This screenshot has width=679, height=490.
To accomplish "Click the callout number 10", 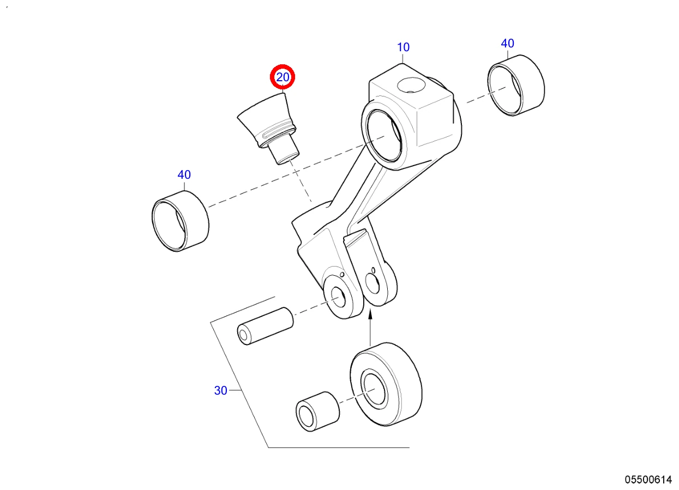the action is click(403, 47).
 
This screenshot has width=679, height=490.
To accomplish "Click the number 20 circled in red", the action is click(283, 77).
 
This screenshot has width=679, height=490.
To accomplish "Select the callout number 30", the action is click(220, 391).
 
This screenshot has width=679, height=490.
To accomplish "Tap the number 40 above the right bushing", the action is click(507, 44).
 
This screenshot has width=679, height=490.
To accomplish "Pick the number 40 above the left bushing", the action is click(184, 174).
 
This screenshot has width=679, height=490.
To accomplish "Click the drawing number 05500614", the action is click(648, 480).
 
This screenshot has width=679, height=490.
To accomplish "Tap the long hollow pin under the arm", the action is click(265, 326).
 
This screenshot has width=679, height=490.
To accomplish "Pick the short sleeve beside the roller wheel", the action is click(317, 412).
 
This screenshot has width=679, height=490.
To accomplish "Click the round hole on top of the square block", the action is click(412, 85).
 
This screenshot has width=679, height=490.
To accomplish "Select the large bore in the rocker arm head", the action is click(384, 136).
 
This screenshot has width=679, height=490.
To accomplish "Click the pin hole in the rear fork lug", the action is click(372, 283).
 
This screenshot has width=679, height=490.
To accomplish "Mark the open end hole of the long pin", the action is click(243, 335).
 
